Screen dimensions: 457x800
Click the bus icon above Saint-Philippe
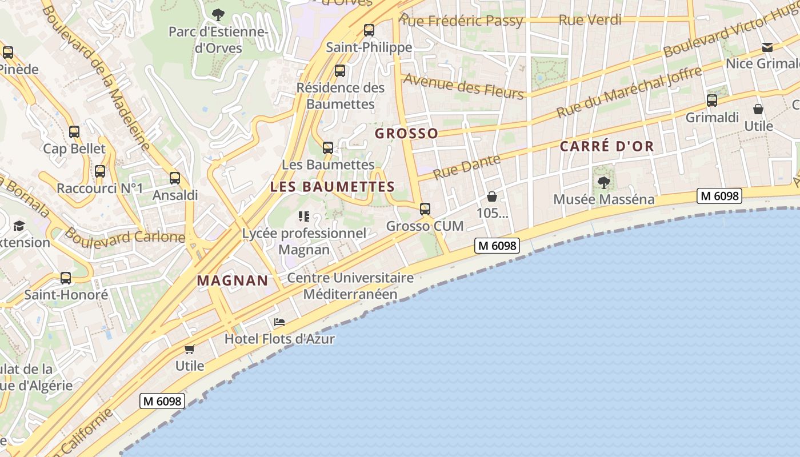click(x=369, y=30)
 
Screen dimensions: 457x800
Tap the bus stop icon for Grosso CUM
click(x=425, y=209)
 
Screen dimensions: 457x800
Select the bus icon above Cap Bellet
click(x=74, y=132)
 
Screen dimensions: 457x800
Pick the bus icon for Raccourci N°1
click(x=100, y=171)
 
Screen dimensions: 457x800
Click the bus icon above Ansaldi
click(x=175, y=178)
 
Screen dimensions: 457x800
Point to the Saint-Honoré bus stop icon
click(x=66, y=278)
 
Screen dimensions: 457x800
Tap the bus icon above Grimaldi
click(x=712, y=101)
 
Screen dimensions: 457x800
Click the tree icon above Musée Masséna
click(x=604, y=183)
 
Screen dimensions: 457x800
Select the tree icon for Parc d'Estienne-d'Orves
click(x=218, y=14)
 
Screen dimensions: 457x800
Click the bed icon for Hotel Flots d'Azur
click(x=279, y=323)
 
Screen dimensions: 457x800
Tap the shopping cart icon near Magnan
click(x=189, y=349)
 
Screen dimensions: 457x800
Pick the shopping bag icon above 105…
click(x=492, y=197)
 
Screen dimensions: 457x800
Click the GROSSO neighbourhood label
click(x=406, y=134)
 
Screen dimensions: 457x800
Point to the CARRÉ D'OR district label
click(x=607, y=146)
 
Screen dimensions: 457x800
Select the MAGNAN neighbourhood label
click(x=233, y=280)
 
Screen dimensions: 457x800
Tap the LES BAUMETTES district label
click(x=333, y=187)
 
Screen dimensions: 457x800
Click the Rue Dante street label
click(x=467, y=167)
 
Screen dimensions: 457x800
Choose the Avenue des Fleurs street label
click(x=463, y=86)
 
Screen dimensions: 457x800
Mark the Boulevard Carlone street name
click(x=125, y=235)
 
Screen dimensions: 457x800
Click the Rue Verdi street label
click(x=590, y=19)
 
